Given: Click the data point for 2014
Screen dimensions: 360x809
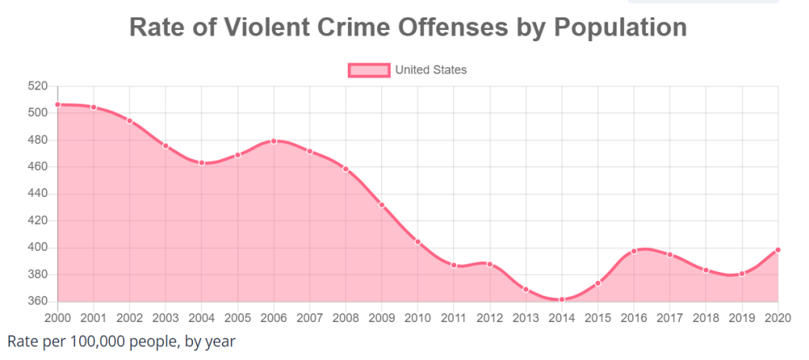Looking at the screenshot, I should point(561,300).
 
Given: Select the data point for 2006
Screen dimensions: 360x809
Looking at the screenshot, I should point(274,141).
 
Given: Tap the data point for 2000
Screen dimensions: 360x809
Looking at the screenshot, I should point(58,104).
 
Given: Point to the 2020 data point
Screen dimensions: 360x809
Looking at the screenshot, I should point(778,250).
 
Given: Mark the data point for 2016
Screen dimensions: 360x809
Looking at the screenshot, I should point(633,251).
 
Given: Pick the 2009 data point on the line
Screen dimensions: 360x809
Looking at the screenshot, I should point(382,205).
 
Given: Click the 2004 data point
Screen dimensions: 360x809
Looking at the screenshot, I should point(202,163).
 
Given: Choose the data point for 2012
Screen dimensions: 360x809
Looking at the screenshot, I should point(490,264).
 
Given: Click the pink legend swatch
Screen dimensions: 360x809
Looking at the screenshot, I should point(369,70).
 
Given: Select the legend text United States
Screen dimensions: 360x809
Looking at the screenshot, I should point(431,70).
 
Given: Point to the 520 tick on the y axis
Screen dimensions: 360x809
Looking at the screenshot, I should point(38,86).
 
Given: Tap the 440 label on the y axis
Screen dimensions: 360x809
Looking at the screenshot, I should point(38,194).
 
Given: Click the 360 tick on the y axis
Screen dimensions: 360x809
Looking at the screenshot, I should point(38,301).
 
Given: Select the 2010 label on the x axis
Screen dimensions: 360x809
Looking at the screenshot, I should point(418,317).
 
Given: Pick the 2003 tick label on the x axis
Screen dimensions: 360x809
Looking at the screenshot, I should point(165,317).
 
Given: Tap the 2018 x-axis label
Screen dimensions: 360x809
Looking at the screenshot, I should point(705,317).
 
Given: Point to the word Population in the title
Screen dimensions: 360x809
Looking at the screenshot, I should point(620,27).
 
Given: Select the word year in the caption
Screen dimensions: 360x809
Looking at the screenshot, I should point(219,342).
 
